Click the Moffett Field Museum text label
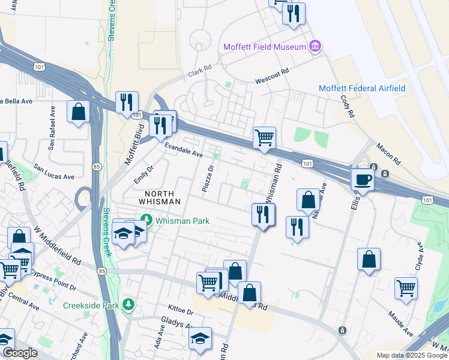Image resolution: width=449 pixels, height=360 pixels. point(264,47)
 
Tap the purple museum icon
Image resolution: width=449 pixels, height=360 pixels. point(315,46)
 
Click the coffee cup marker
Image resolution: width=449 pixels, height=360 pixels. point(363,179)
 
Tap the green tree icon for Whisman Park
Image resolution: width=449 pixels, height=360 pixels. point(145,220)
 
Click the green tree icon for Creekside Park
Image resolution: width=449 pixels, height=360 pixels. point(128,305)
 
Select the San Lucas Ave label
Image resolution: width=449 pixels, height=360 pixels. point(53,172)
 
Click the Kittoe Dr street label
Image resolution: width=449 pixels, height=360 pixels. point(181,312)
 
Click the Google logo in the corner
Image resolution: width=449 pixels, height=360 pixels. point(20,353)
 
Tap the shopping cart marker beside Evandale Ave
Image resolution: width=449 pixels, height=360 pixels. point(264,138)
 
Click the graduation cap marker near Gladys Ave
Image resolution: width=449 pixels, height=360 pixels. point(200,339)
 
